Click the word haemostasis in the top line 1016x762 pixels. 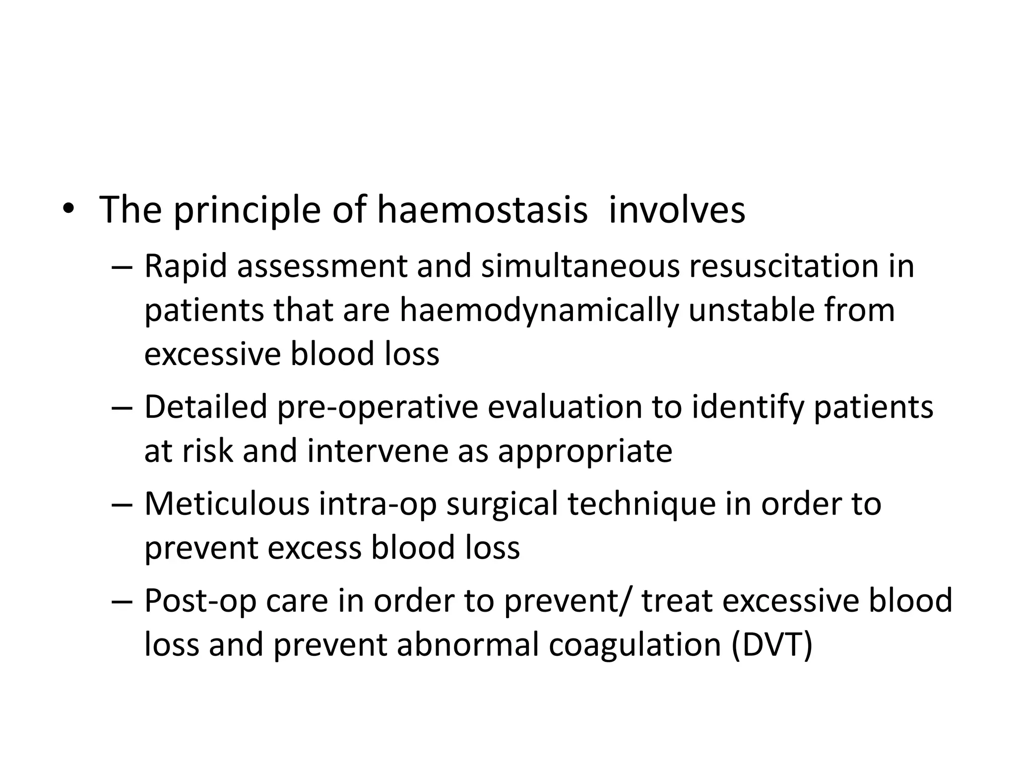click(482, 210)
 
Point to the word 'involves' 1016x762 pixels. click(677, 210)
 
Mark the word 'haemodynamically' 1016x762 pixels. click(539, 311)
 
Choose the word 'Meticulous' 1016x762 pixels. click(227, 504)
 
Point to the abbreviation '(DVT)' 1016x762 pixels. click(772, 645)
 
